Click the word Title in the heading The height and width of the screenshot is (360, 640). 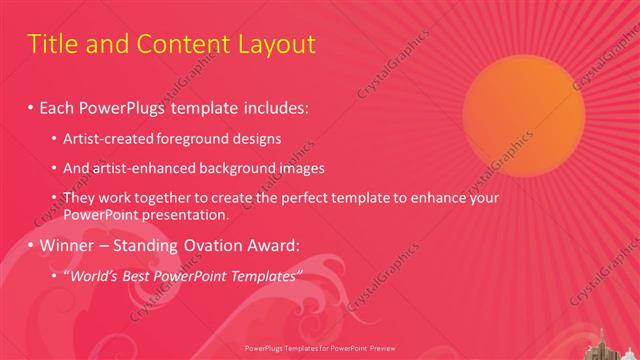coord(51,44)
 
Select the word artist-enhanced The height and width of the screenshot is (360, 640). coord(135,168)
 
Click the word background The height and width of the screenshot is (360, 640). coord(222,168)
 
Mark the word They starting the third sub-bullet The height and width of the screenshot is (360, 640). coord(79,198)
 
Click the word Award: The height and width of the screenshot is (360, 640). coord(280,245)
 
